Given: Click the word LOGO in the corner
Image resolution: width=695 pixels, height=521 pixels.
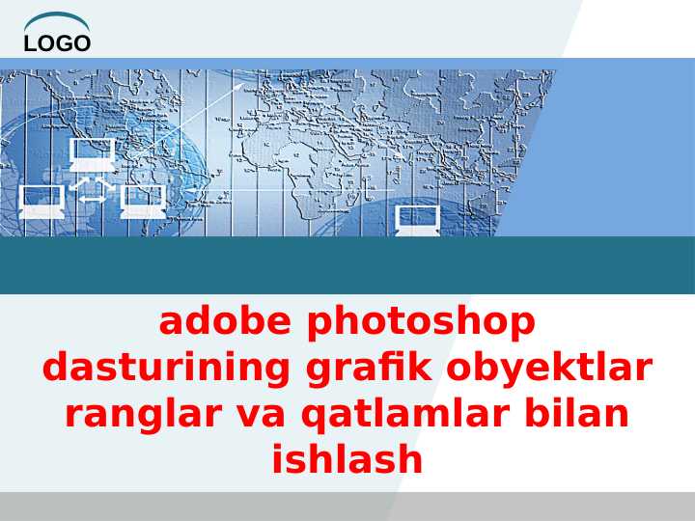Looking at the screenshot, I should (57, 42).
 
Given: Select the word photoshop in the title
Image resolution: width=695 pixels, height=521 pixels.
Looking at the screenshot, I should (421, 321).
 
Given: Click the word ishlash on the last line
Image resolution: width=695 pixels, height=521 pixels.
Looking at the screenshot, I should (347, 459).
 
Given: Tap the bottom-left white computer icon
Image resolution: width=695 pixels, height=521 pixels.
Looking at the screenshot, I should (42, 201).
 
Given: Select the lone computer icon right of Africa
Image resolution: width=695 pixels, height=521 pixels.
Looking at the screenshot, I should (418, 220).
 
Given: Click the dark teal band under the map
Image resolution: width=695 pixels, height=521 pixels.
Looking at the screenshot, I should (347, 265).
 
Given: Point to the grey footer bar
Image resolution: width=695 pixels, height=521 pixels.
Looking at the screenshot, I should (347, 507).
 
